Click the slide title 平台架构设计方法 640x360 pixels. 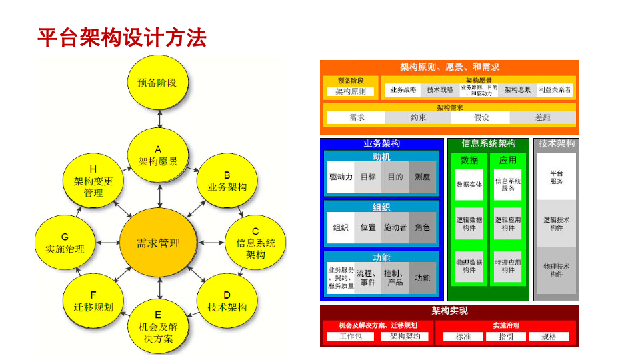(x=121, y=37)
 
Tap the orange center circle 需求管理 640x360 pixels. (x=158, y=243)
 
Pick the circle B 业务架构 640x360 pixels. (x=227, y=181)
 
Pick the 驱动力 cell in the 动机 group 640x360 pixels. (x=341, y=177)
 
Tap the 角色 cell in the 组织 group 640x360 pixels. (x=423, y=227)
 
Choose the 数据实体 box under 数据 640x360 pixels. (x=469, y=184)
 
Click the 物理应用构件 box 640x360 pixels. (x=508, y=266)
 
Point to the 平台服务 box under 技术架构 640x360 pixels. (x=557, y=177)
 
